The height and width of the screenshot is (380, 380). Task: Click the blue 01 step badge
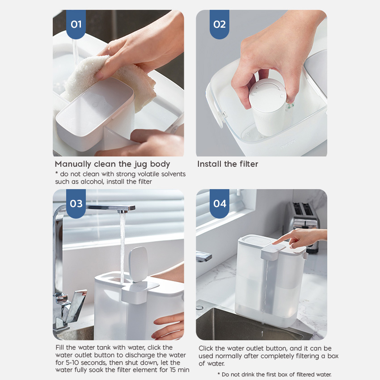[76, 24]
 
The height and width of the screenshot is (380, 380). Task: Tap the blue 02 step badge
[220, 24]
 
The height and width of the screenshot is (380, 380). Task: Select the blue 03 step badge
[76, 203]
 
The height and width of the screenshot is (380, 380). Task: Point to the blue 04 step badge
[220, 203]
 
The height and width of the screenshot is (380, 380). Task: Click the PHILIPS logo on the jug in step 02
[287, 144]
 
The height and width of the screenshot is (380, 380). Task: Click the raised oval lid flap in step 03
[138, 264]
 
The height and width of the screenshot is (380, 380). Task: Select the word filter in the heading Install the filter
[249, 164]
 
